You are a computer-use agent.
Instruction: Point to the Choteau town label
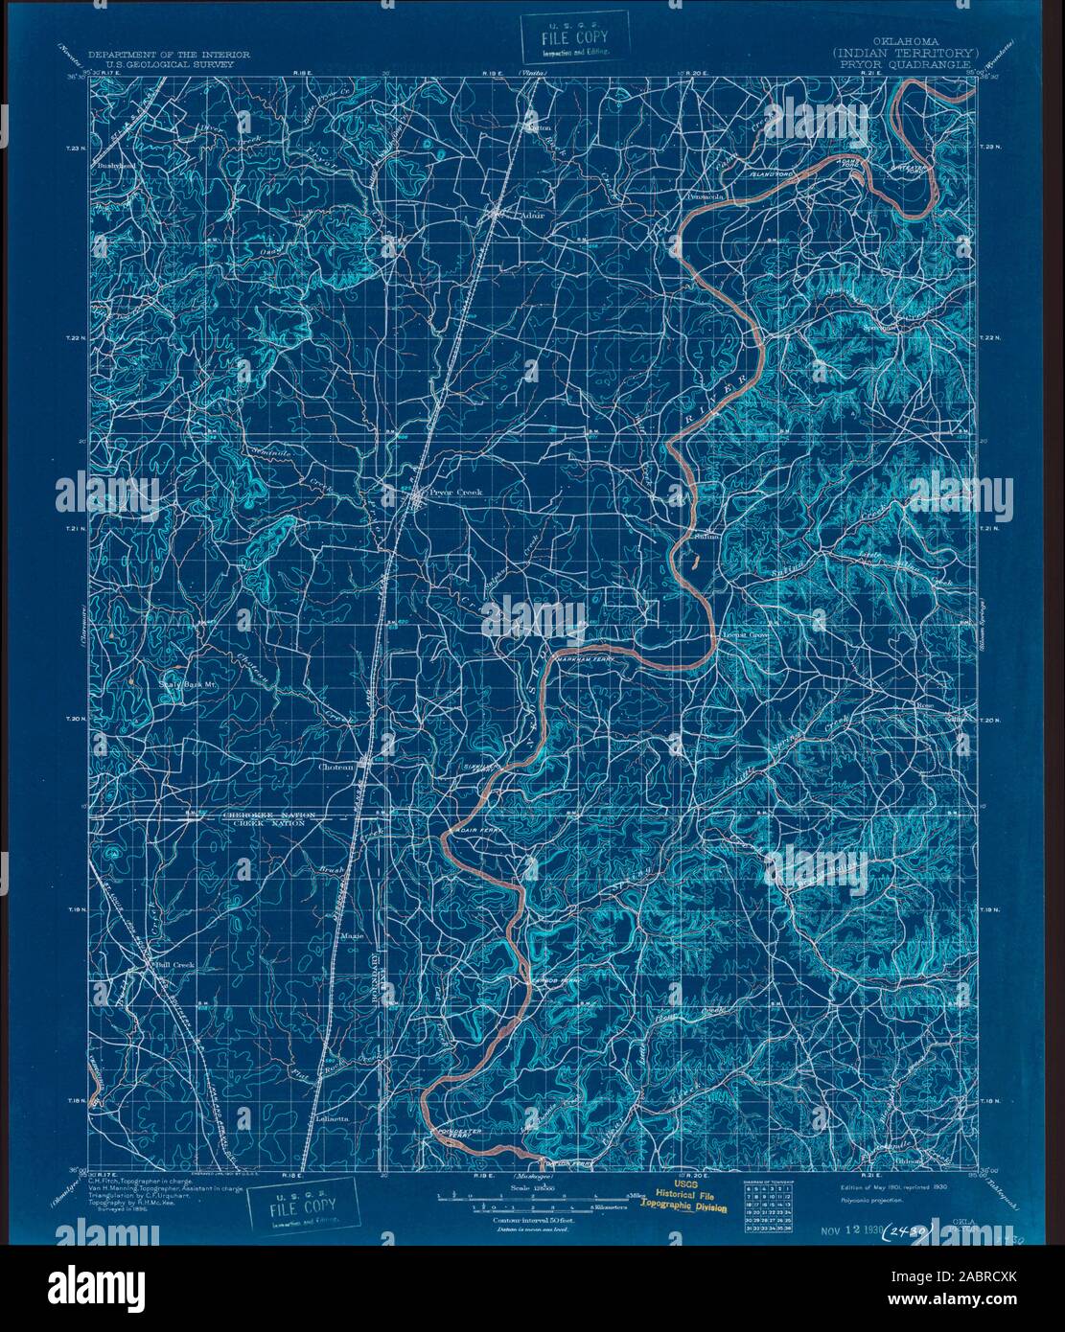[336, 767]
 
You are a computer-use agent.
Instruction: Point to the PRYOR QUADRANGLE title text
[905, 65]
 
